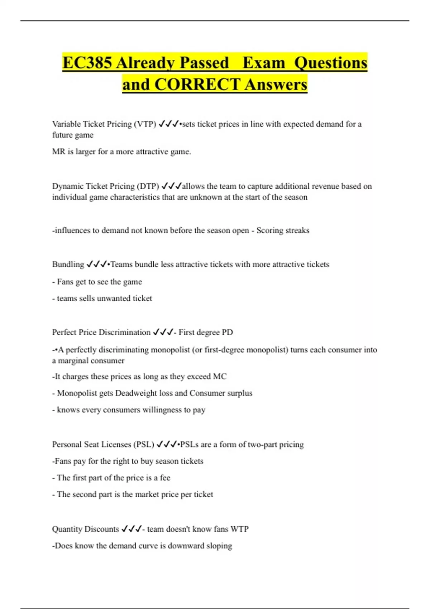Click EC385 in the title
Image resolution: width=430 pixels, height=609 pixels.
coord(87,63)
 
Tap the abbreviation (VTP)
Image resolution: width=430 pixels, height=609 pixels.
coord(145,124)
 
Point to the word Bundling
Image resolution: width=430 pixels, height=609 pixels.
coord(68,264)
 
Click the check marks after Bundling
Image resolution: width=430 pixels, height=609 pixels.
coord(97,264)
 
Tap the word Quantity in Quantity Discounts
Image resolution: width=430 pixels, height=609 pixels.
coord(67,529)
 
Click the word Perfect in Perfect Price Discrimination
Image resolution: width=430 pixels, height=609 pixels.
coord(64,332)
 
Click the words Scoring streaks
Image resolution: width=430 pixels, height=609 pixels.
coord(283,230)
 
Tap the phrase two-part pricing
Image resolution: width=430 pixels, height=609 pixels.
coord(276,445)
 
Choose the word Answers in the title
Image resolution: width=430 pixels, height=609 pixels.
coord(276,85)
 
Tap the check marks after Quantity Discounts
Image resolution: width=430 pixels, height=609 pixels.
coord(132,529)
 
